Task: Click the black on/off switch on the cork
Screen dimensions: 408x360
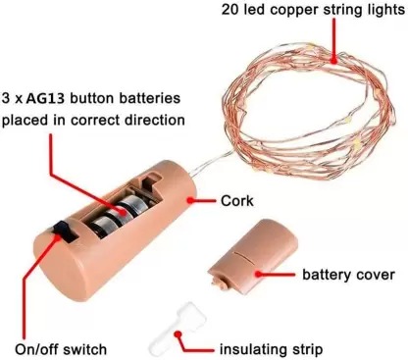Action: (66, 231)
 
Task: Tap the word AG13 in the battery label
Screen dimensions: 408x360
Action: (45, 98)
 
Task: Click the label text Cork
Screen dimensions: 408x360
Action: (236, 201)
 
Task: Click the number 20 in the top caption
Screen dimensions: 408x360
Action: (230, 10)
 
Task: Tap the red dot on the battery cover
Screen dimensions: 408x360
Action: (259, 274)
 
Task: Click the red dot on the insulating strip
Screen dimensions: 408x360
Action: (178, 334)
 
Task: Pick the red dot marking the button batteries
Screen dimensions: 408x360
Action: (124, 212)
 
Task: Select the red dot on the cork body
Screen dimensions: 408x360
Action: (190, 200)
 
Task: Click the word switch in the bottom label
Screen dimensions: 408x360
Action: (84, 349)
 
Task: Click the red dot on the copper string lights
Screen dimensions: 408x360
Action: (333, 60)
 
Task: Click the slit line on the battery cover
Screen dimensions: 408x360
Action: (244, 257)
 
